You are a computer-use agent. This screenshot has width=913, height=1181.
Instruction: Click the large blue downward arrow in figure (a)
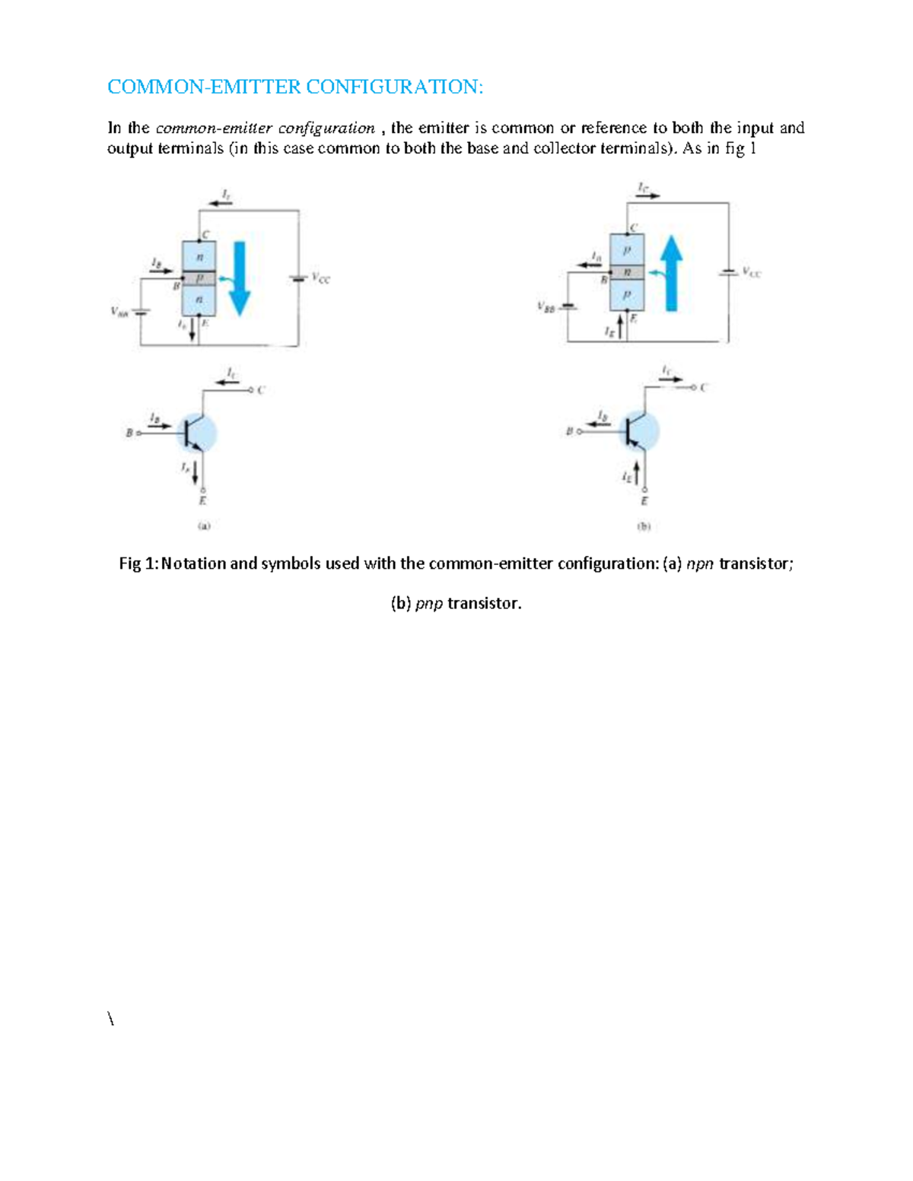pos(240,278)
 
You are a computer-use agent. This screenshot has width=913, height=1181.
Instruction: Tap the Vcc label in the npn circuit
pos(321,278)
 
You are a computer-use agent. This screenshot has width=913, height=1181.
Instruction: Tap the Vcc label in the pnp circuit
pos(752,271)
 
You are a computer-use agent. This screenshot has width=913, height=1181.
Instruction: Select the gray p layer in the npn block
pos(199,278)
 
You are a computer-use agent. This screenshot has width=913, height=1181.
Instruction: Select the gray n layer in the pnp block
pos(628,272)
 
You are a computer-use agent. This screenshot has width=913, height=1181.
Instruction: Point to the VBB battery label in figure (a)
pos(119,310)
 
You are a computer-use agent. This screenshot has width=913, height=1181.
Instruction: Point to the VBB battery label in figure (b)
pos(546,306)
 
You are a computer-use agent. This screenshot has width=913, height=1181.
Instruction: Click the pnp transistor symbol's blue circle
pos(640,430)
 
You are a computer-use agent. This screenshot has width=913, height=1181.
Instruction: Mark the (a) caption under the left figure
pos(204,525)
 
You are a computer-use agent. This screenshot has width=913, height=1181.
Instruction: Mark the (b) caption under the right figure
pos(644,525)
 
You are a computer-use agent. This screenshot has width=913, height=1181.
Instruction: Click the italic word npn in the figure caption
pos(700,564)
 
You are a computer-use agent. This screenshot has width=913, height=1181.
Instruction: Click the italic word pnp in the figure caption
pos(429,604)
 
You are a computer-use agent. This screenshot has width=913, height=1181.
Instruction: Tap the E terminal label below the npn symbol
pos(202,501)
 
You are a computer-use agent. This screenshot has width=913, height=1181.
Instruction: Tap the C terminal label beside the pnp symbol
pos(704,387)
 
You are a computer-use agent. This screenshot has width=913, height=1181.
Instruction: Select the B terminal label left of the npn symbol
pos(129,433)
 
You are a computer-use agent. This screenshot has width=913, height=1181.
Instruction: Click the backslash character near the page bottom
pos(111,1019)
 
